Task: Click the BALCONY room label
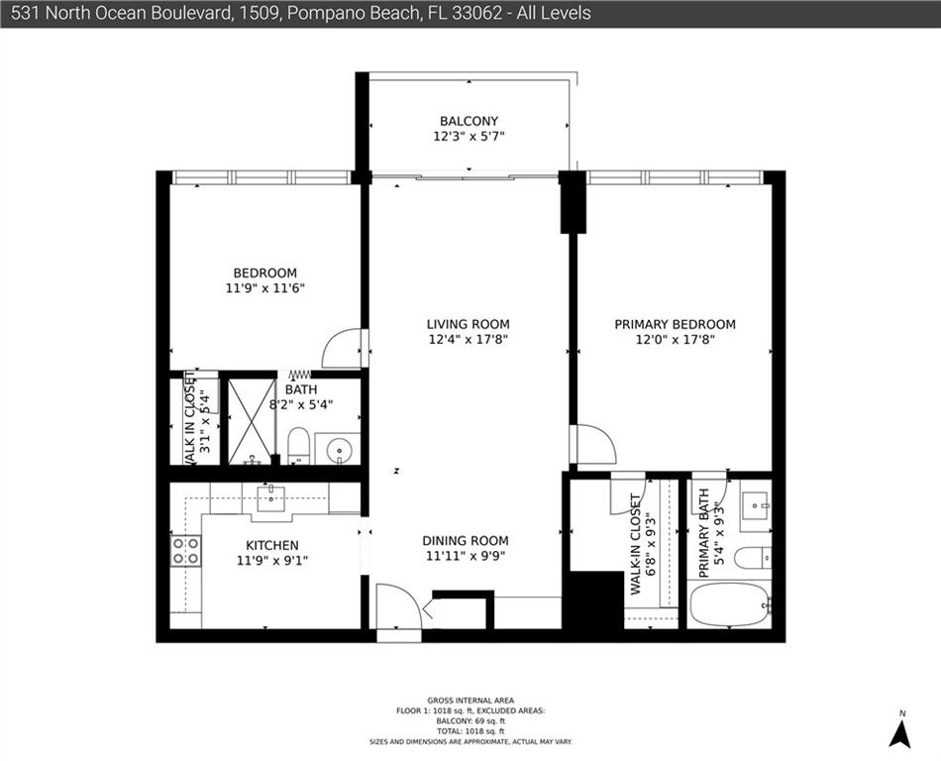coord(469,121)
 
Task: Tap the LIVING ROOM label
coord(469,324)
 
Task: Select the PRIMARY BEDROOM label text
coord(676,325)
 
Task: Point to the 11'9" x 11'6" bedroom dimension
coord(265,288)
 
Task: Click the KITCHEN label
coord(272,546)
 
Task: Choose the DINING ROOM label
coord(466,540)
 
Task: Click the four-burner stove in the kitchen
coord(186,551)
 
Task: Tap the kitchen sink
coord(271,498)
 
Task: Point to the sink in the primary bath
coord(754,505)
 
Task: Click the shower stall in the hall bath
coord(252,421)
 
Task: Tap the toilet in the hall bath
coord(298,445)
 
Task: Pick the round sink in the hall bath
coord(340,448)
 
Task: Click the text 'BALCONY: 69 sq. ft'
coord(470,720)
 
